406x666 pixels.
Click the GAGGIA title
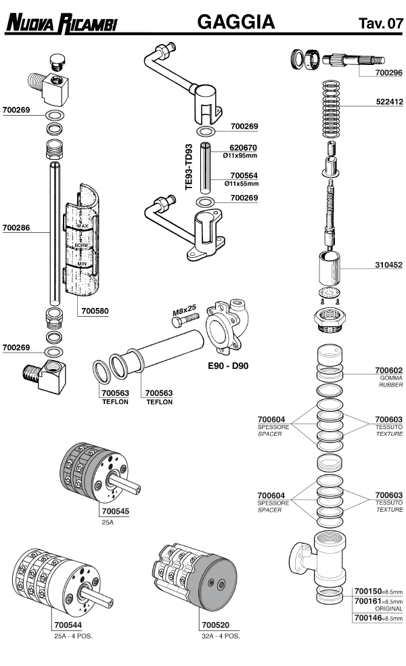235,23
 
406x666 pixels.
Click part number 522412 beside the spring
388,103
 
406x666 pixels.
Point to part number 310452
388,265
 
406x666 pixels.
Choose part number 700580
94,312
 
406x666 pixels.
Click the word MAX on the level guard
83,225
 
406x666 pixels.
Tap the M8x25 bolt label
183,311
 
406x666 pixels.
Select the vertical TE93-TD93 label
189,166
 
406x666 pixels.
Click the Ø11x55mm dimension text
242,183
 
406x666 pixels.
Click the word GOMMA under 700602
391,378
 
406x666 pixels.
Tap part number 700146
366,618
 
